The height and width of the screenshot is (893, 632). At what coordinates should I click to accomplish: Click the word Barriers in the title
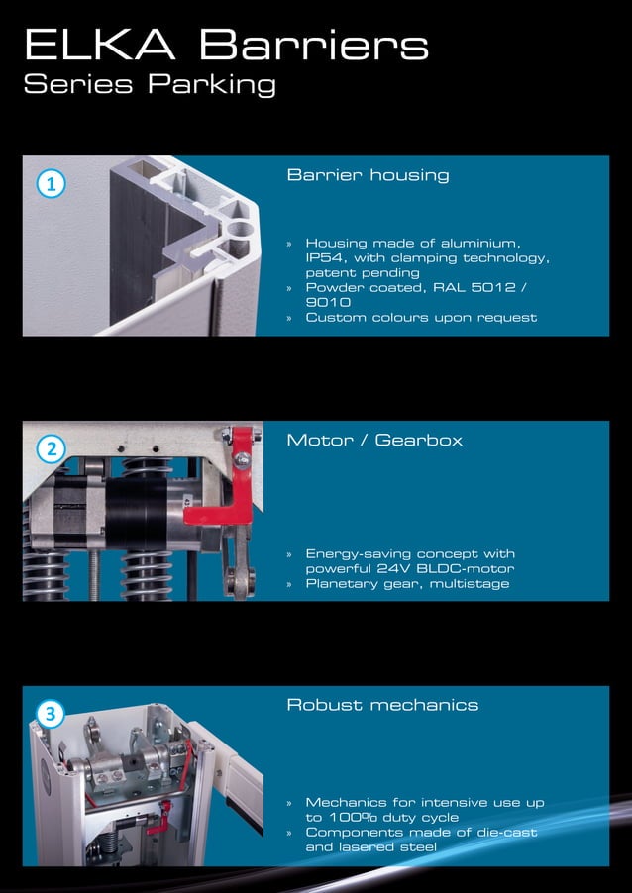(x=313, y=45)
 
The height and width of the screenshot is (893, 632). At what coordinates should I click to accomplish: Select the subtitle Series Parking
(x=150, y=85)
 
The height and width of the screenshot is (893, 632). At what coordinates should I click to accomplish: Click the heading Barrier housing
(x=368, y=175)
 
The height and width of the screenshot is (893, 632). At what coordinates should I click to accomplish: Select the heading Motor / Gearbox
(x=374, y=440)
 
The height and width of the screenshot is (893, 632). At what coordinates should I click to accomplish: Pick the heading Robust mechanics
(x=382, y=705)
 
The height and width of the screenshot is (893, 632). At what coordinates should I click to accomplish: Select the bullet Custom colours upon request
(x=421, y=317)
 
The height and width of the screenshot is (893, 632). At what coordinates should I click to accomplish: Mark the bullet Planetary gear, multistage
(x=407, y=584)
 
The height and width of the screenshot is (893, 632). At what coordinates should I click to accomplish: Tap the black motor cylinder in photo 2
(x=139, y=515)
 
